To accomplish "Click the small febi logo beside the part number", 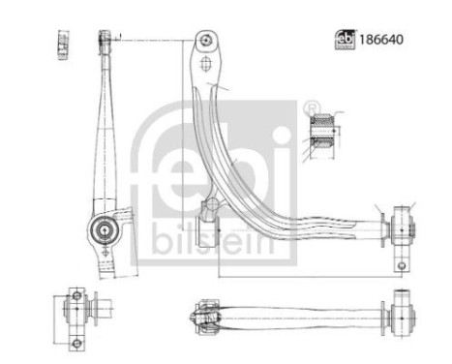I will coord(344,40).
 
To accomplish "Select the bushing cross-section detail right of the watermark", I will coord(321,133).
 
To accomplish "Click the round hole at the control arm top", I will coord(204,41).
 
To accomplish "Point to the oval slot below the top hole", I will coord(205,64).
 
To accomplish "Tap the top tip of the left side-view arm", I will coord(102,38).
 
